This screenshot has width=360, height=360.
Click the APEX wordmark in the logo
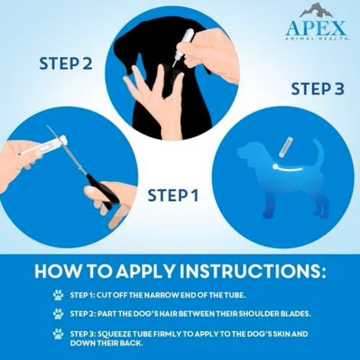316,27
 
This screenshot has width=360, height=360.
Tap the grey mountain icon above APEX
316,11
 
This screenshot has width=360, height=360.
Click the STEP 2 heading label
66,63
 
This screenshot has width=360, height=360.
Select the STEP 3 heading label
318,89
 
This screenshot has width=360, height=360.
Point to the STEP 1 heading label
173,196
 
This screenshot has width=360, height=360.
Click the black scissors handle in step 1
101,191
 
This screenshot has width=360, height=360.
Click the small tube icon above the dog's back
286,147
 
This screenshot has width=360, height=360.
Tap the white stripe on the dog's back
287,168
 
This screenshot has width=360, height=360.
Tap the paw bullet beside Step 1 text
58,295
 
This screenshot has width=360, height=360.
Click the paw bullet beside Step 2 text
58,314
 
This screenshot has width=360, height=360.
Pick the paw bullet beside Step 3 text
58,334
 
